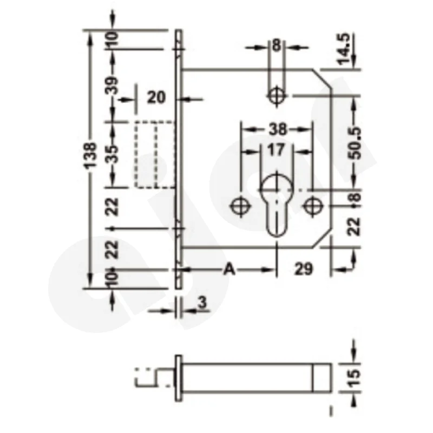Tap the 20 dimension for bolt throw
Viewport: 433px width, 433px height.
pyautogui.click(x=156, y=98)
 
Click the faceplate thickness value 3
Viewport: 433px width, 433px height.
pyautogui.click(x=202, y=304)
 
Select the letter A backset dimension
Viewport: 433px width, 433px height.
pyautogui.click(x=229, y=269)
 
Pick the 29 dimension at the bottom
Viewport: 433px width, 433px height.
pyautogui.click(x=304, y=269)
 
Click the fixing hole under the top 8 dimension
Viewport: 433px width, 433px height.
pyautogui.click(x=277, y=96)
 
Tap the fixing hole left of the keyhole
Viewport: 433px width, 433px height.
pyautogui.click(x=239, y=206)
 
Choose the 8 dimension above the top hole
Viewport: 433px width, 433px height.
pyautogui.click(x=277, y=46)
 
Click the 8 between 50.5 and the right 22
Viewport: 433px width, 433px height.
pyautogui.click(x=355, y=199)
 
